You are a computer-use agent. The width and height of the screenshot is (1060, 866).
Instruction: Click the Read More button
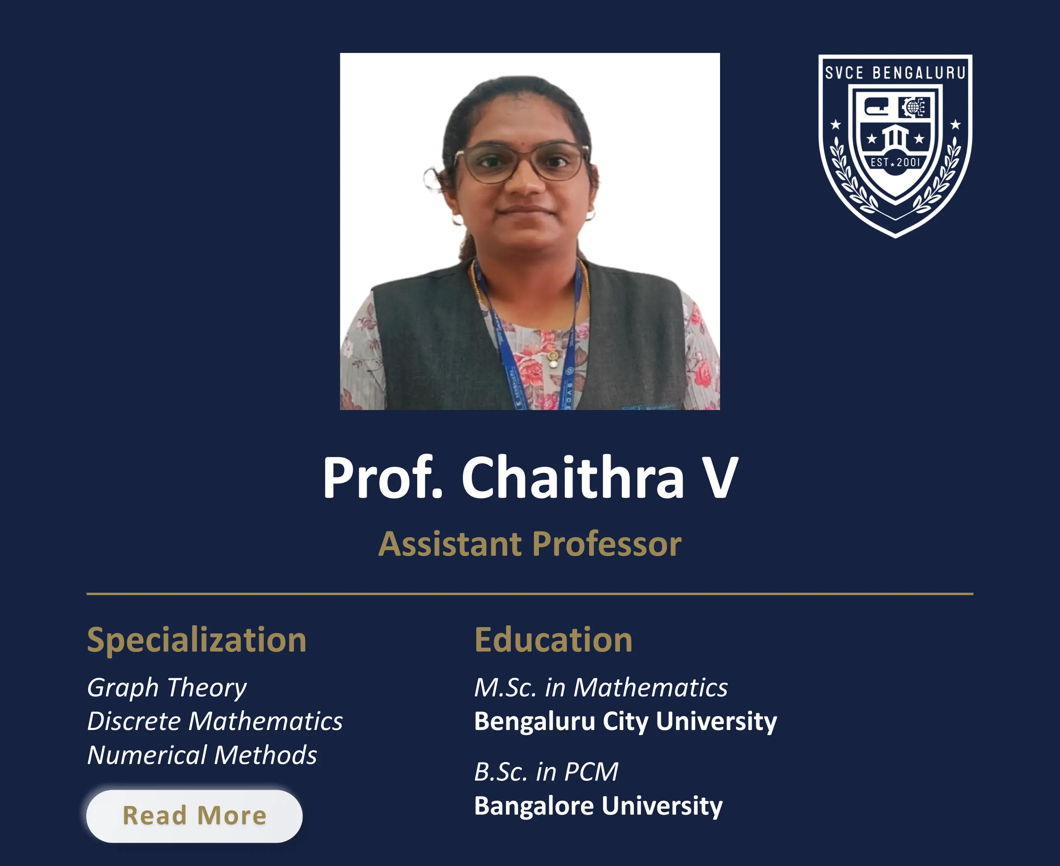coord(194,816)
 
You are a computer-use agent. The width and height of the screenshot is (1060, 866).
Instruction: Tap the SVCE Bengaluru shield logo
coord(895,145)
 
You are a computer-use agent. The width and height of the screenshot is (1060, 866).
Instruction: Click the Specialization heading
coord(197,640)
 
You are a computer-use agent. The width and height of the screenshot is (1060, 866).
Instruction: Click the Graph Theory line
coord(166,687)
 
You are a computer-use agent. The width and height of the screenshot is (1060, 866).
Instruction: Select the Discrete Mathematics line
coord(215,721)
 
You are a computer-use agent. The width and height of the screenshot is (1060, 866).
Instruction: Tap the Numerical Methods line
coord(202,755)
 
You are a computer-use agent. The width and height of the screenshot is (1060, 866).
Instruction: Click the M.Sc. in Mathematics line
coord(600,687)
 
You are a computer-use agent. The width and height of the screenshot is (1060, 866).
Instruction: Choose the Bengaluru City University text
coord(625,721)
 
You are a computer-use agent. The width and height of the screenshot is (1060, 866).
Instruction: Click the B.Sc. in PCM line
coord(546,772)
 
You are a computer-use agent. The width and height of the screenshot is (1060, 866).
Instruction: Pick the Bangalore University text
coord(598,806)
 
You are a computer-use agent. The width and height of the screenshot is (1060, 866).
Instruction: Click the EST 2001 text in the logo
coord(895,162)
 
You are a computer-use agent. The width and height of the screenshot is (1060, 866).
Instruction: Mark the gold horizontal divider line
coord(530,594)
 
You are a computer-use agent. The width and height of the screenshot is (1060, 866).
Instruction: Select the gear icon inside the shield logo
coord(914,107)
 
